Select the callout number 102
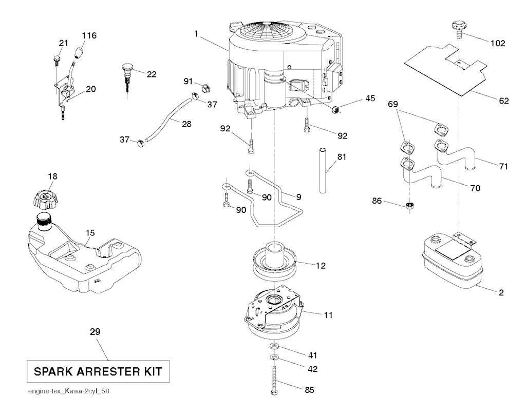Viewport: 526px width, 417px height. [497, 43]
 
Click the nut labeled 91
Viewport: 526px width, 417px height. [204, 87]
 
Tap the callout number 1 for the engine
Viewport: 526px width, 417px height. [196, 34]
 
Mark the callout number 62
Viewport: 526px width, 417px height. [503, 101]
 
